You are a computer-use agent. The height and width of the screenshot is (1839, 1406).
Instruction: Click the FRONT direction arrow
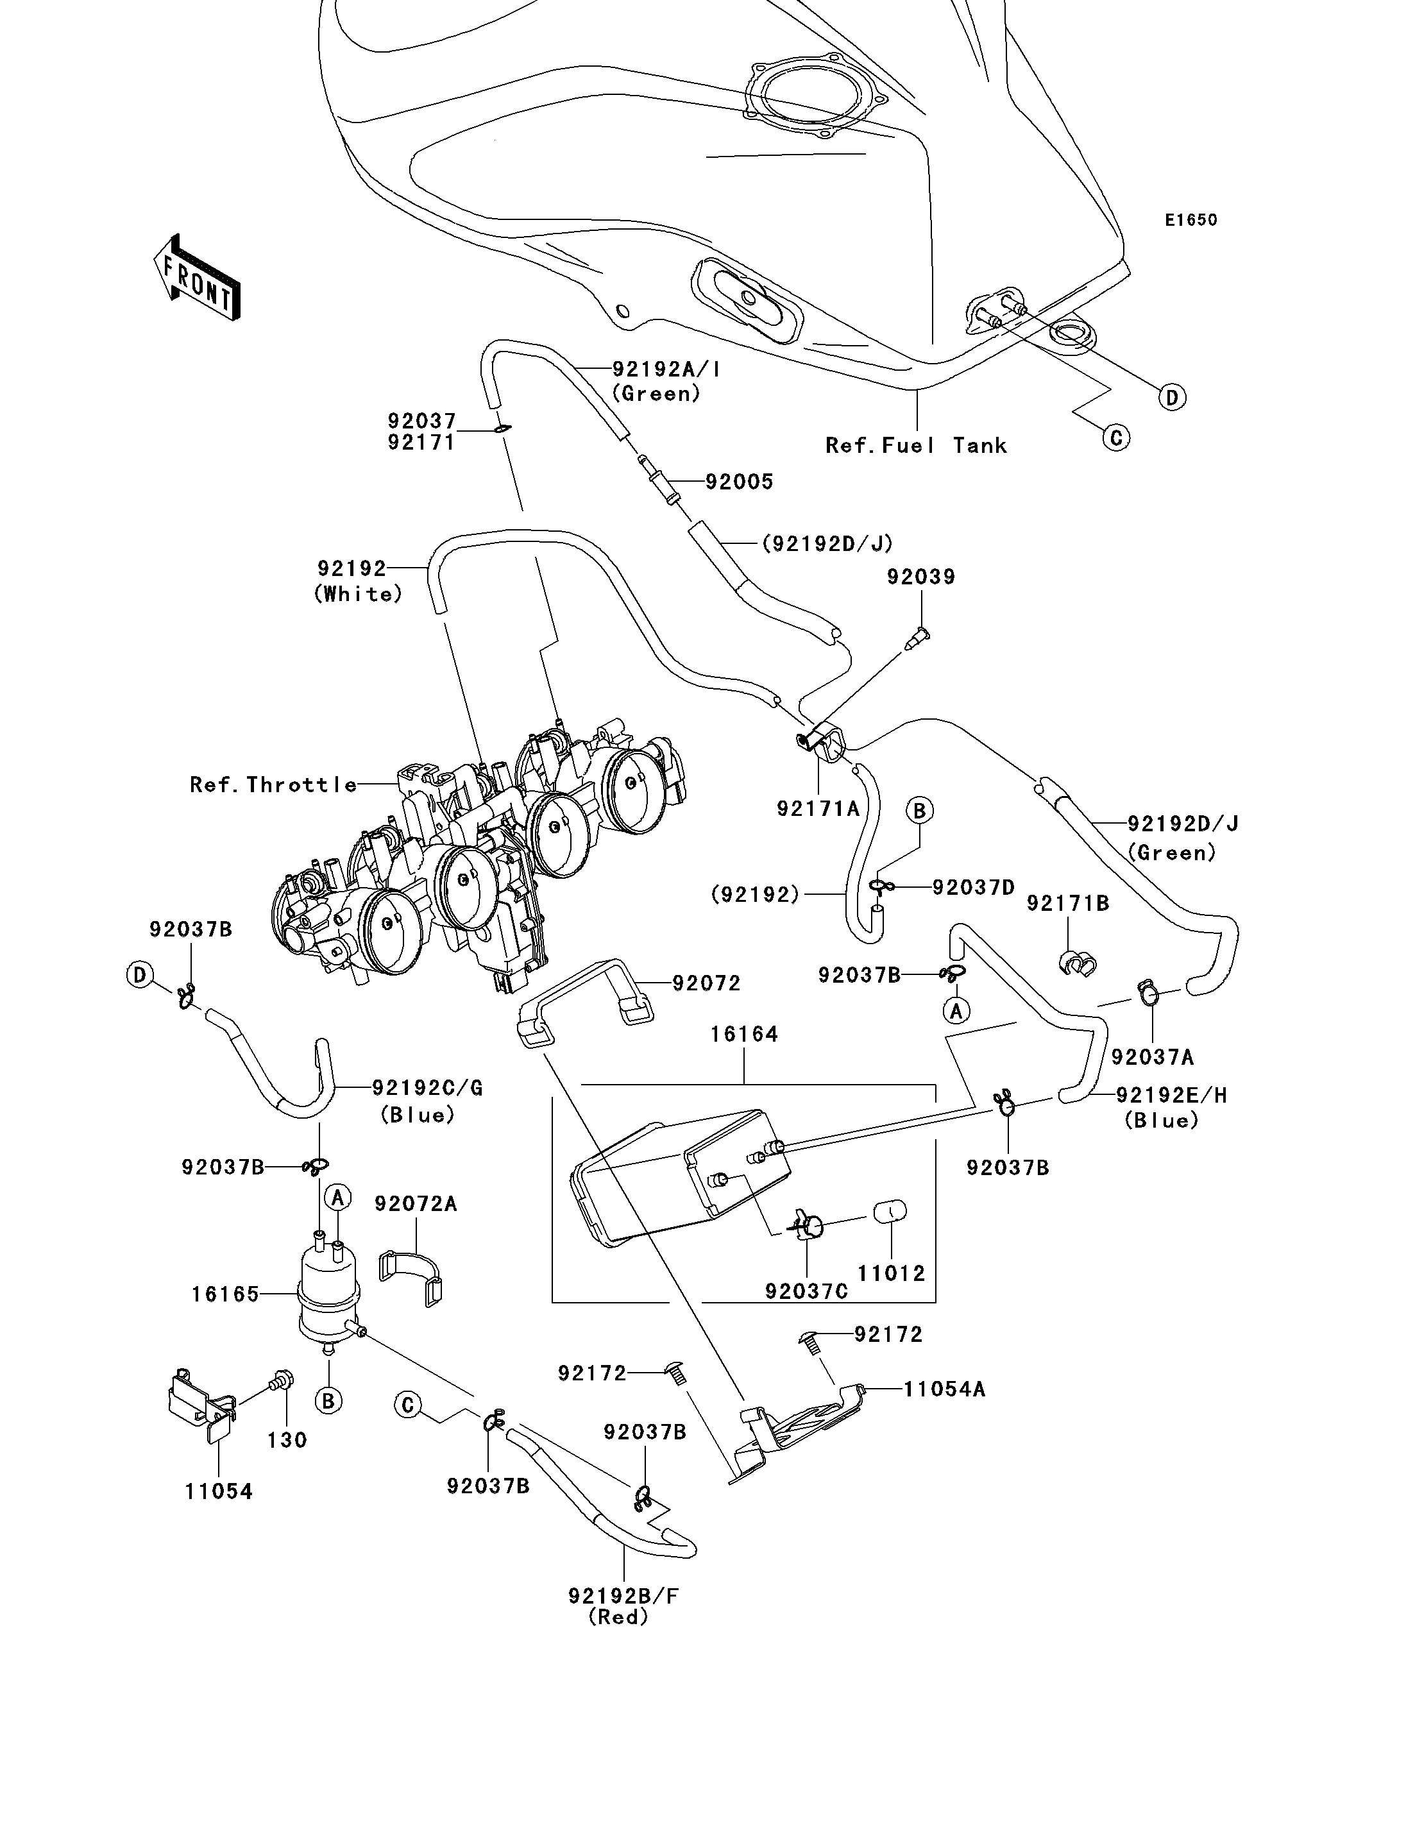198,277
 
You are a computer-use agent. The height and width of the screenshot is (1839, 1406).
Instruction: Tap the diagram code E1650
1191,220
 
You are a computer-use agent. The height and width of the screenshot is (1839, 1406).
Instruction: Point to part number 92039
920,576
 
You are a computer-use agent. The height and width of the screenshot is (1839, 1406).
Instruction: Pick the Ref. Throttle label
274,784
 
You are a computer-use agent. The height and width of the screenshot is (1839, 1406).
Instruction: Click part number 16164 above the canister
744,1035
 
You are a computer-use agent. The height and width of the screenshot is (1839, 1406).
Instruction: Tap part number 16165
225,1294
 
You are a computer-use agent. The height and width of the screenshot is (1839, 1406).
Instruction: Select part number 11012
892,1273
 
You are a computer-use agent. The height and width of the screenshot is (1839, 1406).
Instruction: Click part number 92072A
416,1204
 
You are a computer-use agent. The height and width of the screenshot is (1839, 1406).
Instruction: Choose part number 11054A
944,1389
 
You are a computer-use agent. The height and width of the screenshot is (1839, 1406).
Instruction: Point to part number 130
287,1440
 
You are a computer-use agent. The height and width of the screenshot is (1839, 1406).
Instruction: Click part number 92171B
1068,903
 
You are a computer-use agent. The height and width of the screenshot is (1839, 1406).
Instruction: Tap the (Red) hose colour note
618,1617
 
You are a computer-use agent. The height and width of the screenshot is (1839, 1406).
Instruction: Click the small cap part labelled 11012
890,1211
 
